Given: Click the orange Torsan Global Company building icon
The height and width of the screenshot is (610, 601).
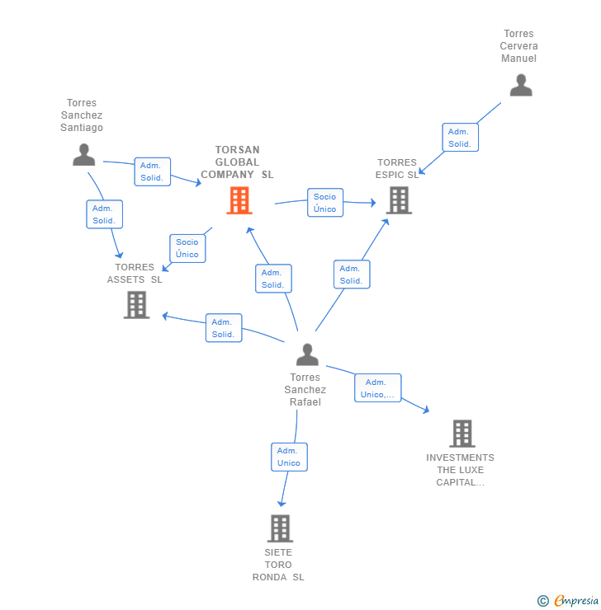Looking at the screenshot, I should coord(239,200).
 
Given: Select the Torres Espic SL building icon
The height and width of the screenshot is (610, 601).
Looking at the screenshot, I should coord(399,199).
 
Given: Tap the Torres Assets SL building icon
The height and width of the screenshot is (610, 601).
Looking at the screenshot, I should coord(136,305).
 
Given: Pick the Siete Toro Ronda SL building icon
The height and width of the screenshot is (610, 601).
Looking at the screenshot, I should coord(280,528).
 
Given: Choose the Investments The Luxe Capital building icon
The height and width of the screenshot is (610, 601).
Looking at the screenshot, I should coord(461,434).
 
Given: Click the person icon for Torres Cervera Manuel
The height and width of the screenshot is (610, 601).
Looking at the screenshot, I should coord(520,86).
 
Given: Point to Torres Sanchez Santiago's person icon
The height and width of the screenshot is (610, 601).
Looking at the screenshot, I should coord(83,155).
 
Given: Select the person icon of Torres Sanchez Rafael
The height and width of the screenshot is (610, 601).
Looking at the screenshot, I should coord(307,355).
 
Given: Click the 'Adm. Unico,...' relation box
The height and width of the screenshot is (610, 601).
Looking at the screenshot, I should coord(377,388).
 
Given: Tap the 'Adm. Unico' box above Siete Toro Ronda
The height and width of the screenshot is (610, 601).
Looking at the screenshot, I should coord(289,457).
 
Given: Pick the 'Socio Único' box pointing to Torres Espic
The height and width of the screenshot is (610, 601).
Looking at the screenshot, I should coord(324,203).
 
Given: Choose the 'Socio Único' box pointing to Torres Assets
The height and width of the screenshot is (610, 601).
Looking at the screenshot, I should coord(187,248).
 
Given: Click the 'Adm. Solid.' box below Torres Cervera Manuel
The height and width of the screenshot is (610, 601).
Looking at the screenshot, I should coord(460,138).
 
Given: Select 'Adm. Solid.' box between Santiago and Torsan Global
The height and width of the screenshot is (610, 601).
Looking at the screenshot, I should coord(152,171).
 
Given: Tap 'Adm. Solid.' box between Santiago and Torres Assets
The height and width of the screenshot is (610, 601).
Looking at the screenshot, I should coord(104,214).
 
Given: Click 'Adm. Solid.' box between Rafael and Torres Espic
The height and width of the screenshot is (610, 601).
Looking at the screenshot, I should coord(352,274).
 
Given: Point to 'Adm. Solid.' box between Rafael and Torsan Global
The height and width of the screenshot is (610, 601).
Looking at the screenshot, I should coord(272,279).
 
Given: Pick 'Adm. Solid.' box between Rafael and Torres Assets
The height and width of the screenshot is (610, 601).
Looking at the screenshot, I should coord(223,328).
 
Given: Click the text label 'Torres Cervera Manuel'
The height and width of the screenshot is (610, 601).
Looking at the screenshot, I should coord(518,46).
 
